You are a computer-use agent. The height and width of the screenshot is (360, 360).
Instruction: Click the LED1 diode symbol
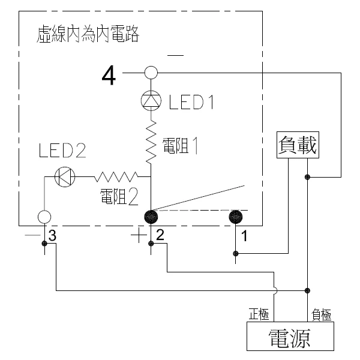(x=151, y=101)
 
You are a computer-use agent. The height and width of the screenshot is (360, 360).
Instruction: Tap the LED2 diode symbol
(x=65, y=176)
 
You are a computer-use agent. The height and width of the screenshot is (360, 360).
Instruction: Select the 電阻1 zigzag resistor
(x=151, y=142)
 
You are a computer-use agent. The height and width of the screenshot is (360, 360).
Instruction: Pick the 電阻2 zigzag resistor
(x=116, y=176)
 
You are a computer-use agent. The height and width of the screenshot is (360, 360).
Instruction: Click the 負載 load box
(x=298, y=145)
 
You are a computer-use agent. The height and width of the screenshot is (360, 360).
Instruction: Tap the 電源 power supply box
(x=290, y=336)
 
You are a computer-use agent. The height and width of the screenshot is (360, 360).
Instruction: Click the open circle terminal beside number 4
(x=151, y=73)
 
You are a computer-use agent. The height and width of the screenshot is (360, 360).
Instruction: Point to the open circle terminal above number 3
(x=44, y=217)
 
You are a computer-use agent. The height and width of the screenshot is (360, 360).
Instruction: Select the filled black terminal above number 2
(x=151, y=217)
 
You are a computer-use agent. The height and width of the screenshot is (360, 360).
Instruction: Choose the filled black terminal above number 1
(x=236, y=217)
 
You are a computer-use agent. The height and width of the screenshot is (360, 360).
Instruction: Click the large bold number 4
(x=109, y=75)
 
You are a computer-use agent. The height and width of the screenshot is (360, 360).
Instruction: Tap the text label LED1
(x=191, y=102)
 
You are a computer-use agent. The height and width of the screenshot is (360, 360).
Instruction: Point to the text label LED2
(x=62, y=151)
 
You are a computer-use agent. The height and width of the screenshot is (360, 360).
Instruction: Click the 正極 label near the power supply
(x=259, y=314)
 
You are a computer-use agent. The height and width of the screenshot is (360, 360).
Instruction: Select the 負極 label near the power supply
(x=321, y=314)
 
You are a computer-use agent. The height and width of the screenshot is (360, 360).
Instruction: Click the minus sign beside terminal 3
(x=32, y=235)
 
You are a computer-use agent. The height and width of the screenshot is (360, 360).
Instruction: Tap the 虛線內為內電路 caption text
(x=88, y=34)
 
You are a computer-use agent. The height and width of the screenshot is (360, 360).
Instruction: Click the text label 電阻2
(x=119, y=197)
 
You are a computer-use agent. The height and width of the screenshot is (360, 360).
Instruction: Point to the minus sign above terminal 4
(x=175, y=55)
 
